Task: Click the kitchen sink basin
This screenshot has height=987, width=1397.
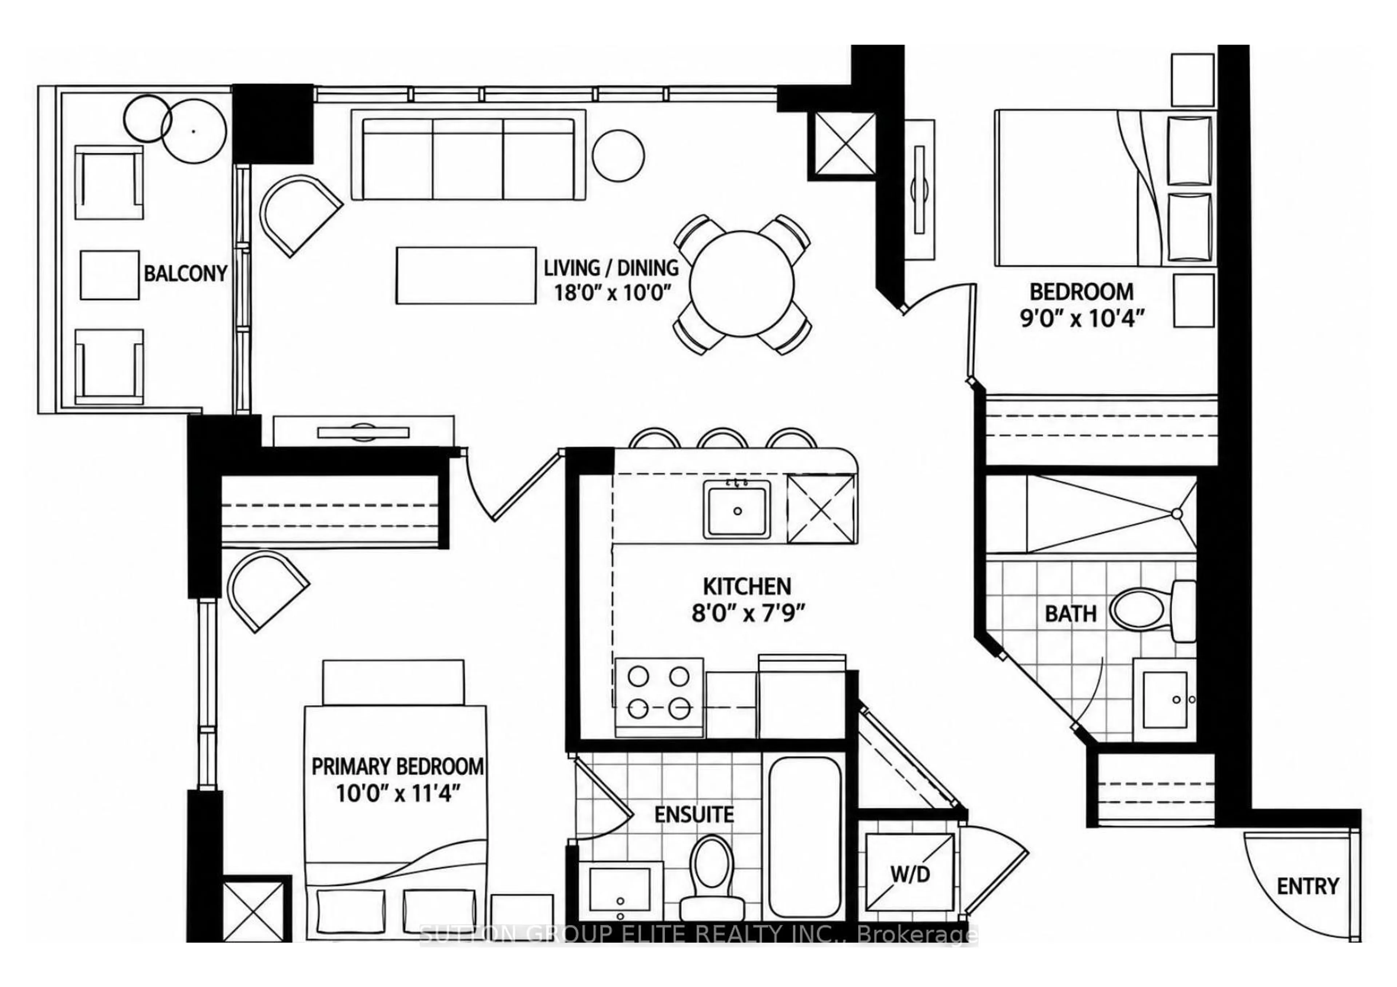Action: point(737,509)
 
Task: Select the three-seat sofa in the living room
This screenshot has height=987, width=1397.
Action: point(469,155)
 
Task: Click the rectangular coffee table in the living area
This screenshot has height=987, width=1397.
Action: point(466,275)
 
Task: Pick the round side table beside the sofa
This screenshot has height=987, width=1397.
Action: point(618,155)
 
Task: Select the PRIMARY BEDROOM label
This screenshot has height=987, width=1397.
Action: point(398,767)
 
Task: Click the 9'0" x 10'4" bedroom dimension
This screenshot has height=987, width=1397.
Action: point(1082,318)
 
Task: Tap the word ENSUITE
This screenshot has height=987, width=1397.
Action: point(694,814)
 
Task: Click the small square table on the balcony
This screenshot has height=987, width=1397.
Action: point(110,275)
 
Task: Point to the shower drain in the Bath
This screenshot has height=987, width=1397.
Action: point(1177,514)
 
